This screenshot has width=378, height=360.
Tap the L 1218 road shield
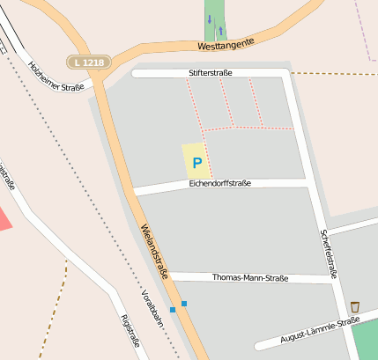(x=87, y=62)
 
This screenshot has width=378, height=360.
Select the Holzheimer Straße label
(x=56, y=76)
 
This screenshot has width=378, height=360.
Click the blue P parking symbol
(x=196, y=163)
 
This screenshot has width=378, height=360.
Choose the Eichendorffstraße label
(x=219, y=183)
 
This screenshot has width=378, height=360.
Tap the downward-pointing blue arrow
(x=210, y=19)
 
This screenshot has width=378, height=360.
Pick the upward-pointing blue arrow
(x=220, y=30)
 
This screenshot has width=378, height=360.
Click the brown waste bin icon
(x=355, y=306)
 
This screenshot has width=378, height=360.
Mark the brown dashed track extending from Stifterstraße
(x=335, y=73)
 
